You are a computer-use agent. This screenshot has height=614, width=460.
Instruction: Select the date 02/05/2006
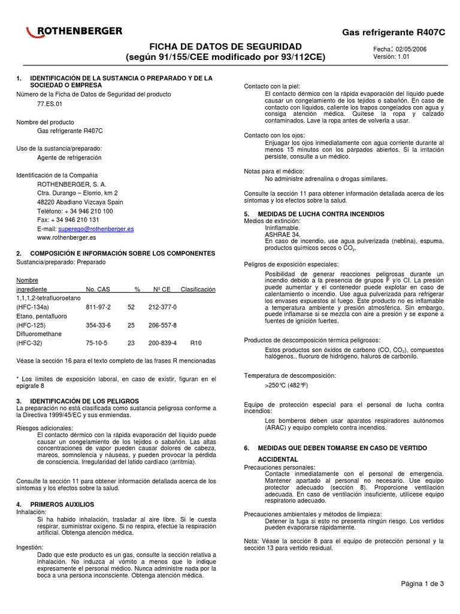click(x=412, y=49)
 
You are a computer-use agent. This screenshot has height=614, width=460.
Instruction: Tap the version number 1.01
click(x=405, y=57)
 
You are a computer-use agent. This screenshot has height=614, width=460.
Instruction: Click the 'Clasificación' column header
click(x=198, y=289)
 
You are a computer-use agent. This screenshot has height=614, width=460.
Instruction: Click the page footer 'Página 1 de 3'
click(x=422, y=583)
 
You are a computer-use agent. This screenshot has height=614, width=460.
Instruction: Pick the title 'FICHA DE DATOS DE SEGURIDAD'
click(x=225, y=47)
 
